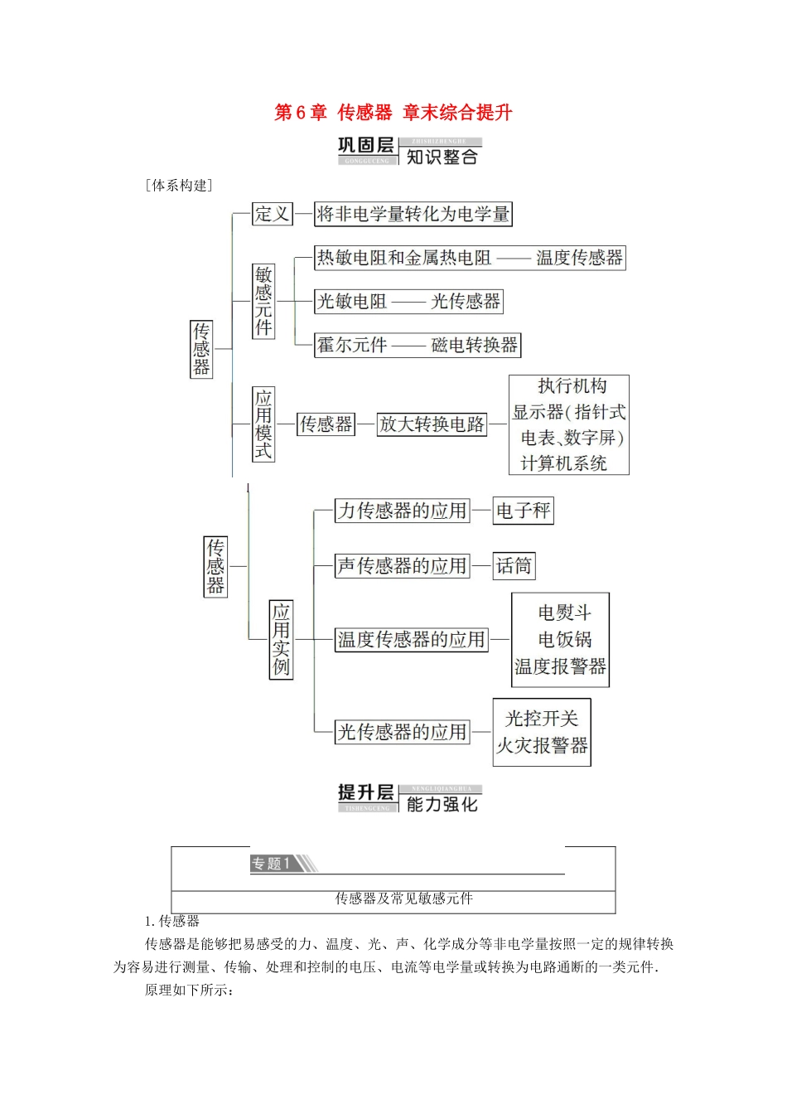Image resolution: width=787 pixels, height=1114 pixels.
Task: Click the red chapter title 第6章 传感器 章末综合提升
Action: (x=393, y=113)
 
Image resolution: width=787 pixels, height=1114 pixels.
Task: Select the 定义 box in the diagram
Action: (x=272, y=214)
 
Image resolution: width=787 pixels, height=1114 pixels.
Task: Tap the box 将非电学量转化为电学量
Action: (x=413, y=214)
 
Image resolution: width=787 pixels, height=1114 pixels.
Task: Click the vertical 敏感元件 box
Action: (x=263, y=301)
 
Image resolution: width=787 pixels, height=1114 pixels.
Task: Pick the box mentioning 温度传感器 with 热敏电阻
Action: (x=470, y=258)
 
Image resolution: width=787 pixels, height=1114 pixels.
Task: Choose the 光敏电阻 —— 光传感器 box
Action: (x=408, y=302)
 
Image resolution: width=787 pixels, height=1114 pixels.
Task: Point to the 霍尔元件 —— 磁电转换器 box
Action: (x=418, y=345)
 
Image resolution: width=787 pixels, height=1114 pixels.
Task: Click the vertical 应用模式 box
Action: (x=263, y=424)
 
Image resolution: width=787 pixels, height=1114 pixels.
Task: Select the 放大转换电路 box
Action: (x=432, y=424)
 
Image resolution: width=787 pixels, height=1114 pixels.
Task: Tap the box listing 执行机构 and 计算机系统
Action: (x=569, y=424)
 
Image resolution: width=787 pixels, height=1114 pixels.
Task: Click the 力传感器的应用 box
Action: (x=402, y=511)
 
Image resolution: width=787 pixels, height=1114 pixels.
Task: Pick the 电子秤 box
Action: (x=523, y=511)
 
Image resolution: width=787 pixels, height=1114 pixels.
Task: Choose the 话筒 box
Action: (x=514, y=566)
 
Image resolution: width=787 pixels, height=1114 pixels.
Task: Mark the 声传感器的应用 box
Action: (x=402, y=566)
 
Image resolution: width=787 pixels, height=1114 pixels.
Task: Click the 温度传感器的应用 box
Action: (x=411, y=640)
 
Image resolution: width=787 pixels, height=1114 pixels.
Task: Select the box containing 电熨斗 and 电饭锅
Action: (x=561, y=640)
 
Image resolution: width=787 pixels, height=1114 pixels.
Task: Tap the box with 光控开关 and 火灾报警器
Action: (x=542, y=732)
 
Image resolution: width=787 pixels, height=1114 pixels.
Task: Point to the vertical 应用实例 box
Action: (x=281, y=640)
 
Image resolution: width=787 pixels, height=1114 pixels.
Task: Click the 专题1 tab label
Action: (x=271, y=864)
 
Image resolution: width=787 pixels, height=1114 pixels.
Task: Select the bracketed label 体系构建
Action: (x=180, y=186)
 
